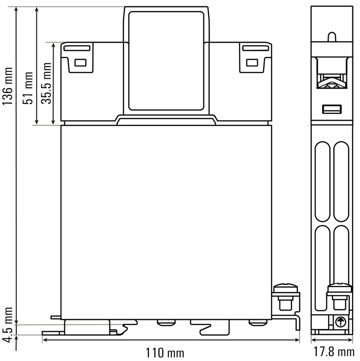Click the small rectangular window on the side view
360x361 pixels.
coord(332,109)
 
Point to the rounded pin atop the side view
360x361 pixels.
coord(332,36)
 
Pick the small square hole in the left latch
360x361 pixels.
coord(80,63)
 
